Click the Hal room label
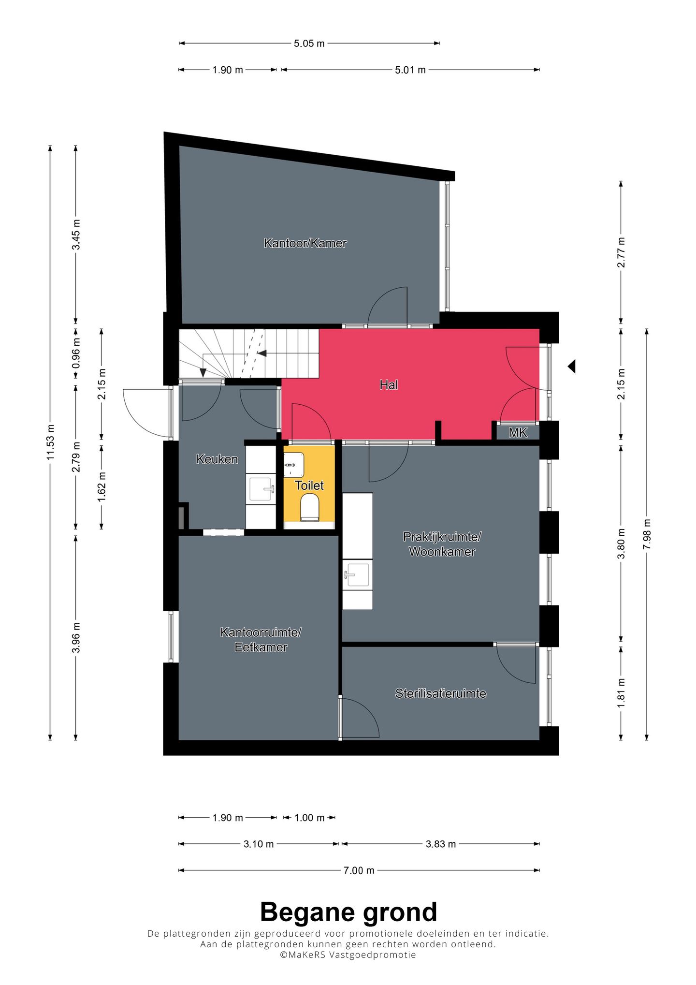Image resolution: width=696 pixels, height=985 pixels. (389, 385)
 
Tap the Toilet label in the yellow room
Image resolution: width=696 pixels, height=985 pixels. (309, 485)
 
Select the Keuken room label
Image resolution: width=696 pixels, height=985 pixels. (217, 459)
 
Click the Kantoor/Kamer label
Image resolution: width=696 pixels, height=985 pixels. (305, 243)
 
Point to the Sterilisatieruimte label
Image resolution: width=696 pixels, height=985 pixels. (441, 694)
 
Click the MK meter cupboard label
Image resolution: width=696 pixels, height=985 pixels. (518, 433)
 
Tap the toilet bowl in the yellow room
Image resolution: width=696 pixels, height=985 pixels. (310, 510)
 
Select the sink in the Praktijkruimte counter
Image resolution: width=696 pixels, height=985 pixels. (358, 574)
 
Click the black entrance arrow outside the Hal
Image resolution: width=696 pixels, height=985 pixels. (572, 367)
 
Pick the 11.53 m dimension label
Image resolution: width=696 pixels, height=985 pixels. (51, 442)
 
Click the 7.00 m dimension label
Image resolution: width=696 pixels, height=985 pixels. (359, 870)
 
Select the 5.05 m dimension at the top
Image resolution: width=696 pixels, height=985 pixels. (309, 44)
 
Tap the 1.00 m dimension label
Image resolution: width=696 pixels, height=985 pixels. (309, 818)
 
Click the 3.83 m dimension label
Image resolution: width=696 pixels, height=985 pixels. (441, 844)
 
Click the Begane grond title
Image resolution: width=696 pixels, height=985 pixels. (348, 912)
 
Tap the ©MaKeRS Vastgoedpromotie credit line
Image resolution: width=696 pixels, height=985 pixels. (348, 955)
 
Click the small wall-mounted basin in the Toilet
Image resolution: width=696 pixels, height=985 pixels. (294, 464)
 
